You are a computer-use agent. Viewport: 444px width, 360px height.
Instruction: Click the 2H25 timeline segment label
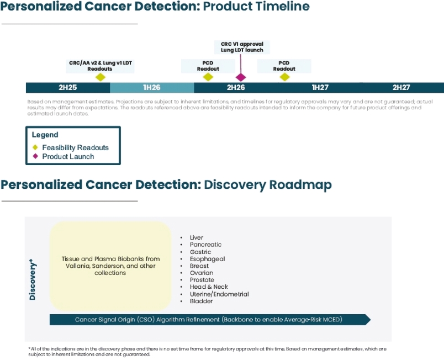[x=68, y=87]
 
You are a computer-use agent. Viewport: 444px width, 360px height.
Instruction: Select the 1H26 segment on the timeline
[x=152, y=87]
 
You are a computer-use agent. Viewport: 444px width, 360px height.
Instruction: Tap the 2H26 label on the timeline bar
[x=236, y=87]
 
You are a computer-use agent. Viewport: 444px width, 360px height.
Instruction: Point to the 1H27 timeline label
[x=320, y=87]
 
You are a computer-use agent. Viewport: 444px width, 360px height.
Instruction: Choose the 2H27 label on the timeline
[x=401, y=87]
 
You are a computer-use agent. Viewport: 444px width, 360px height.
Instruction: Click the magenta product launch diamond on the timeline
[x=241, y=77]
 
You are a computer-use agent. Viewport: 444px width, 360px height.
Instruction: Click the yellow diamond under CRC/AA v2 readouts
[x=101, y=77]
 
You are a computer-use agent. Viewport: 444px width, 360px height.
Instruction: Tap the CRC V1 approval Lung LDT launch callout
[x=242, y=47]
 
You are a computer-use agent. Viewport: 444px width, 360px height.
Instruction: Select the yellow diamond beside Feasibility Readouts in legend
[x=35, y=147]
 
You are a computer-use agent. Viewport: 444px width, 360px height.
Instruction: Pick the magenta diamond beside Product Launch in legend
[x=35, y=156]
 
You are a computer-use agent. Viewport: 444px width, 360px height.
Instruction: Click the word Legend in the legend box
[x=45, y=135]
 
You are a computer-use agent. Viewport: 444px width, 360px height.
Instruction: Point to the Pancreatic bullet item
[x=205, y=245]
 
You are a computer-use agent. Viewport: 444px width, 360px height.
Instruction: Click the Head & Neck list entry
[x=209, y=287]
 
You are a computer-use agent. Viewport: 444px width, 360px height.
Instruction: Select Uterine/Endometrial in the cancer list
[x=219, y=294]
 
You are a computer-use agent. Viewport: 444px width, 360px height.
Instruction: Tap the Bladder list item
[x=201, y=301]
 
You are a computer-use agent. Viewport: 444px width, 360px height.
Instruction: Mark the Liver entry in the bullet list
[x=197, y=237]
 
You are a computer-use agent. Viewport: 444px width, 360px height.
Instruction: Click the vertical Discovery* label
[x=33, y=279]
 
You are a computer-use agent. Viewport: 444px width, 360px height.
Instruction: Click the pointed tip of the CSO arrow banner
[x=371, y=320]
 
